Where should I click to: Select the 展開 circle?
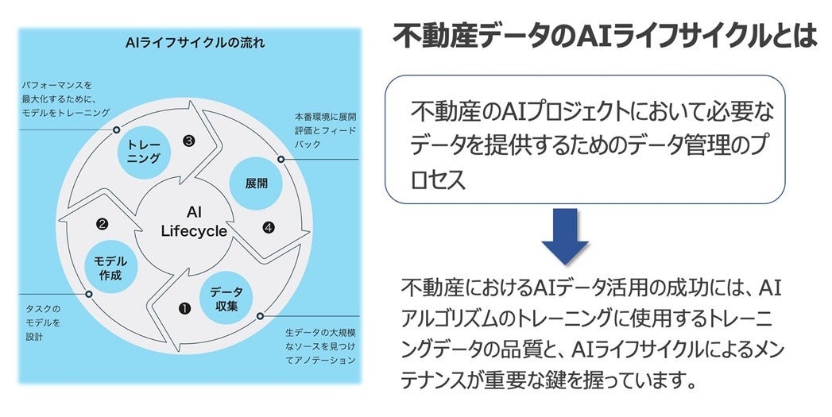point(256,182)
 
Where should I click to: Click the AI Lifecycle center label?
point(193,222)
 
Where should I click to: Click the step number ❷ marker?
point(103,225)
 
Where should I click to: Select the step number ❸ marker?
point(188,141)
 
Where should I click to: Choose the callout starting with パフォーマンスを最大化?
point(65,98)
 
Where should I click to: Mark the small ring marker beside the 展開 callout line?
point(281,159)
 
